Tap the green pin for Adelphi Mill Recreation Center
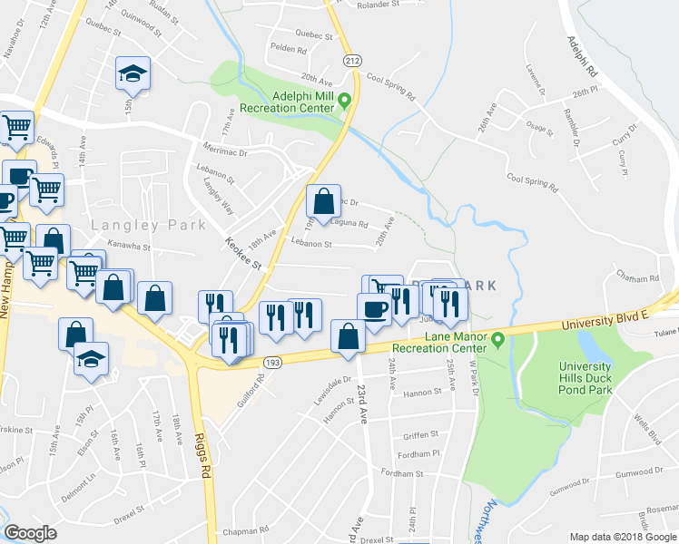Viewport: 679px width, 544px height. [345, 102]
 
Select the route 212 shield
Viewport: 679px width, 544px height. [353, 60]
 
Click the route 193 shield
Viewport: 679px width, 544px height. [272, 363]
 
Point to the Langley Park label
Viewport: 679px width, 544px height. [149, 225]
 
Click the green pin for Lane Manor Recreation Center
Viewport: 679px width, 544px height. [498, 340]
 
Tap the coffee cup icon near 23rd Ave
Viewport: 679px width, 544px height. [373, 311]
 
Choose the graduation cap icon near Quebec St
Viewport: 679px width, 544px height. [133, 74]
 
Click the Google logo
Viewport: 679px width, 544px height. [30, 532]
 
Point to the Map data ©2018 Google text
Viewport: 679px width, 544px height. [624, 537]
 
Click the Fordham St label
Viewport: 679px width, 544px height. [402, 473]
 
